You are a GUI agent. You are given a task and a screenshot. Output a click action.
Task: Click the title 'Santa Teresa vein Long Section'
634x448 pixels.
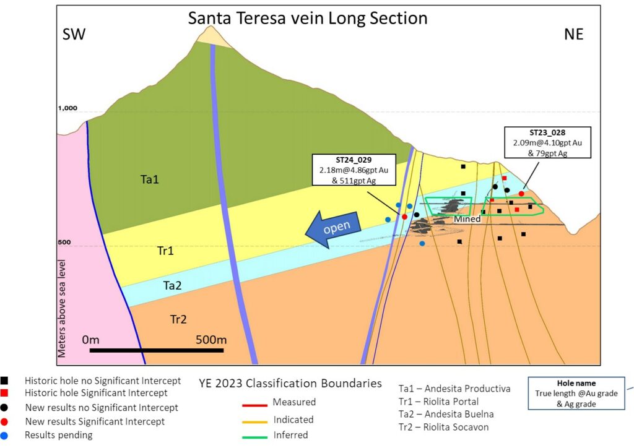[x=308, y=18]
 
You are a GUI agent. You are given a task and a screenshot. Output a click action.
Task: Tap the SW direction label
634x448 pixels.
[x=74, y=34]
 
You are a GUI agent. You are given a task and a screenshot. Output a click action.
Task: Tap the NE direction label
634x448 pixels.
[x=573, y=34]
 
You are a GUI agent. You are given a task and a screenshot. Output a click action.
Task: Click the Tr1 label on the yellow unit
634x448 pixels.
[x=165, y=251]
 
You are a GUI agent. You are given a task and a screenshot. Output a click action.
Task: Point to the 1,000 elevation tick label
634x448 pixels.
[x=67, y=108]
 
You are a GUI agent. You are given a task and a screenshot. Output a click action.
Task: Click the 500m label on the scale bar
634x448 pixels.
[x=211, y=340]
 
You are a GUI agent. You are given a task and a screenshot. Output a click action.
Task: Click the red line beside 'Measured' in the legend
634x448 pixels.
[x=253, y=405]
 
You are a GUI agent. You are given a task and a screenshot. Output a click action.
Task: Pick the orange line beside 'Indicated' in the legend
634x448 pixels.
[x=253, y=421]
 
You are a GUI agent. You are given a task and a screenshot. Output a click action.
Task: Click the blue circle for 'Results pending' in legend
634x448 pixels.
[x=6, y=435]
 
